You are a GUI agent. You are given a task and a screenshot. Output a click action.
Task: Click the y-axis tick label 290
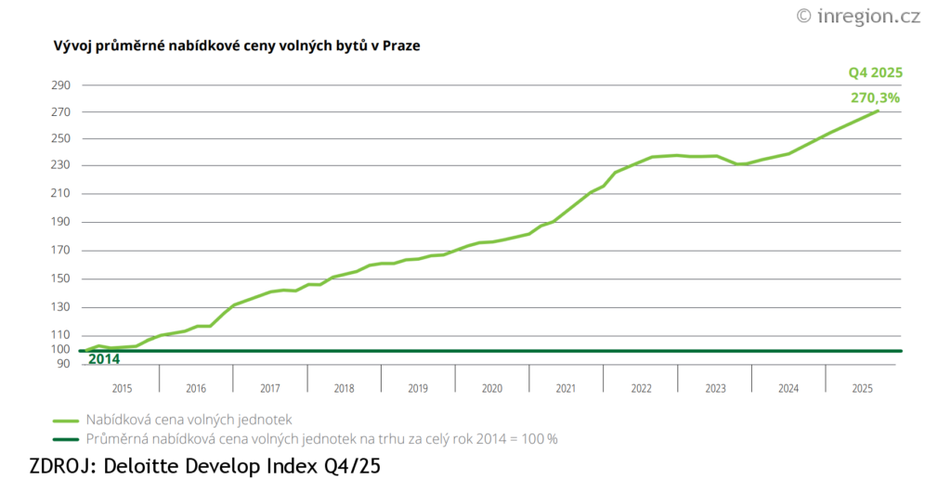click(60, 85)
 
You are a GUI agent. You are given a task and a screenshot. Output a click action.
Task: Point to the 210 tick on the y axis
click(60, 193)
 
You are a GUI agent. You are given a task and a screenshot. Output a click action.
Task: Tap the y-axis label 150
click(60, 278)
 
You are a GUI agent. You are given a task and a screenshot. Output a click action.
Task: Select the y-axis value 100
click(60, 349)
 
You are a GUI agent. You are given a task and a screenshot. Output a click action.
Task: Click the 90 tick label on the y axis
click(64, 364)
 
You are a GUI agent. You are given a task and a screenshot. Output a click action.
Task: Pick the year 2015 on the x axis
click(122, 389)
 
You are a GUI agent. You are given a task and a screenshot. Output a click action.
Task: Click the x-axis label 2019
click(418, 389)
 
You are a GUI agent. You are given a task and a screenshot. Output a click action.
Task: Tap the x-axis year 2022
click(641, 389)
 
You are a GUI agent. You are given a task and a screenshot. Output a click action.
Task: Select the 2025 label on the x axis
click(863, 389)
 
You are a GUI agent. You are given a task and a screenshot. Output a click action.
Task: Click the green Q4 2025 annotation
click(875, 72)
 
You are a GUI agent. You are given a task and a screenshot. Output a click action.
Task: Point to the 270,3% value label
click(875, 97)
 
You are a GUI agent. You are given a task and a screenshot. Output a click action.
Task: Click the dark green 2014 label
click(104, 359)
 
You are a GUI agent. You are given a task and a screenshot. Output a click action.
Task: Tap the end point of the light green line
click(877, 110)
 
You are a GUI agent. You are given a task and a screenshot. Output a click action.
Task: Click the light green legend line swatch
click(66, 421)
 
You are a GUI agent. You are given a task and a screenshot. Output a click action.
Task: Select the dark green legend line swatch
click(66, 439)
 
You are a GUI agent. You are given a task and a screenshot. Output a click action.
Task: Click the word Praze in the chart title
click(401, 45)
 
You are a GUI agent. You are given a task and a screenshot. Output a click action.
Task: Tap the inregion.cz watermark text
click(858, 17)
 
